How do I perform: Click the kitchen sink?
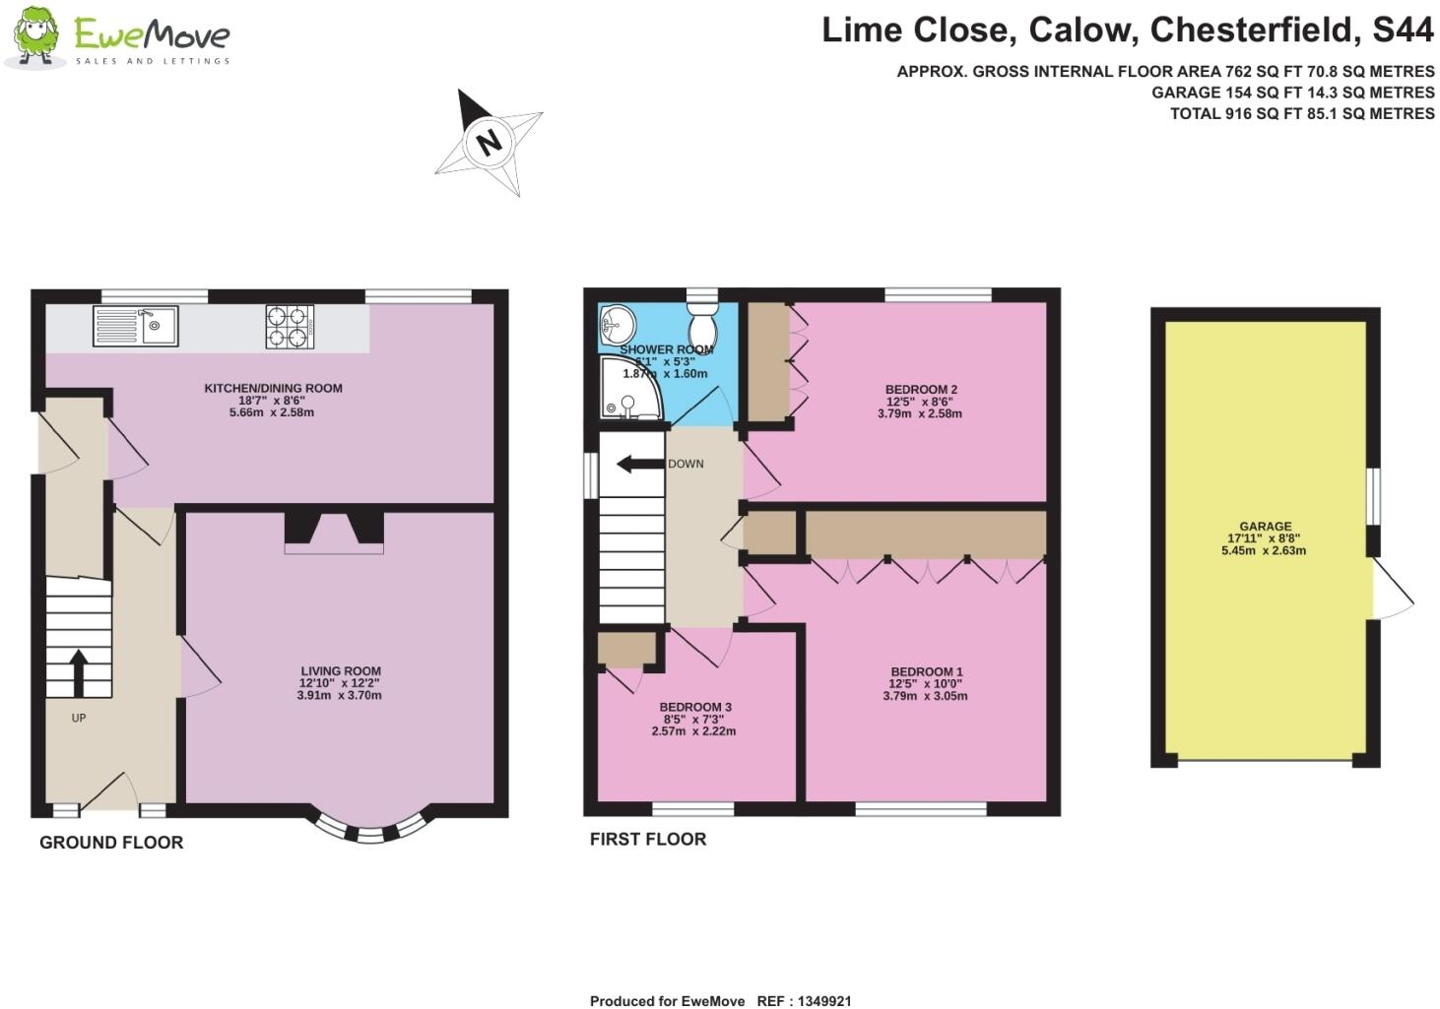[x=135, y=326]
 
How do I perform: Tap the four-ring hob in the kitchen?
[x=289, y=327]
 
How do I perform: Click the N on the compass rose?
[x=489, y=142]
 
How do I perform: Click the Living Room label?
[x=340, y=671]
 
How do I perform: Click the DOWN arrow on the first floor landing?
[x=638, y=464]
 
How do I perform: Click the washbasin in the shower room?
[x=618, y=324]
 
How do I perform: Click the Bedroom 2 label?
[x=920, y=389]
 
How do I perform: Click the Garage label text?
[x=1265, y=527]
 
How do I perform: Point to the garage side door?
[x=1392, y=590]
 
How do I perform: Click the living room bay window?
[x=369, y=831]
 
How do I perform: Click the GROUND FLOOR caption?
[x=111, y=843]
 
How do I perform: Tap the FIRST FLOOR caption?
[x=648, y=840]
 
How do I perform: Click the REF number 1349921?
[x=818, y=1001]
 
